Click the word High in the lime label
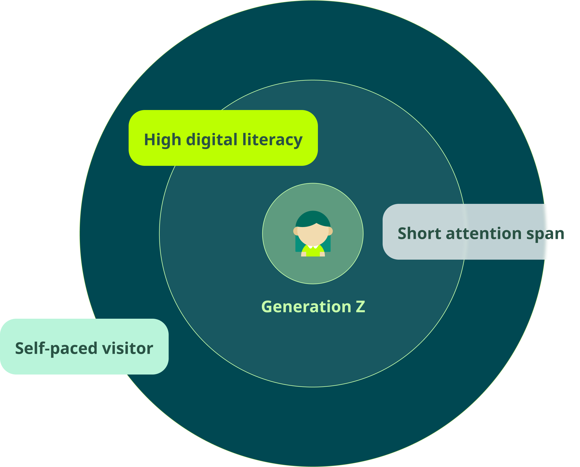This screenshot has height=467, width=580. click(162, 140)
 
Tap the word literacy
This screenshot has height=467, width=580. click(272, 140)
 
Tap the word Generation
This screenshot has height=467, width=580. click(306, 307)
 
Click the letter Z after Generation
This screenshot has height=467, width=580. click(360, 307)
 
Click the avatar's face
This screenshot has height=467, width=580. click(313, 235)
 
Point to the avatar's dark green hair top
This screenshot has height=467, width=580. click(313, 217)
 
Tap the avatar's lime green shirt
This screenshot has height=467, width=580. click(313, 252)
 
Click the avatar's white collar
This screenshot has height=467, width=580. click(313, 246)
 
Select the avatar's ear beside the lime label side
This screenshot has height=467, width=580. click(296, 231)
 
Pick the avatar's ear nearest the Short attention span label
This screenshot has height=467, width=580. click(330, 231)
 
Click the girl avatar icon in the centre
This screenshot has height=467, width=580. click(313, 233)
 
